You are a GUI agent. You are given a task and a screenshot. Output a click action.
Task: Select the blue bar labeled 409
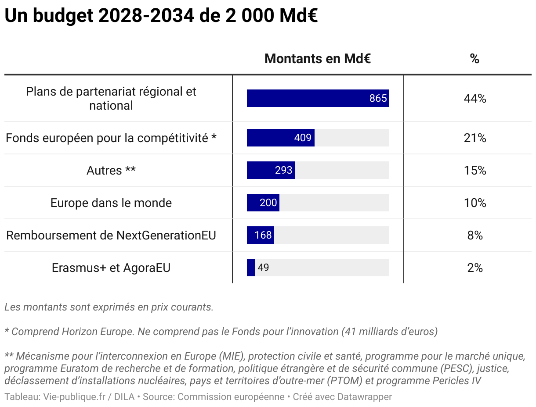point(280,138)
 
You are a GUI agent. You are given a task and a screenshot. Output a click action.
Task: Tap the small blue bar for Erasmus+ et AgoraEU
point(251,268)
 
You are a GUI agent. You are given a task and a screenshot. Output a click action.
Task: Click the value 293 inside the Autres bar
point(283,170)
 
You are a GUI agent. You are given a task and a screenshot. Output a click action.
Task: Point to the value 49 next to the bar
point(263,268)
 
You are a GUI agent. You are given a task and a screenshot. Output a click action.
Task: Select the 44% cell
point(474,98)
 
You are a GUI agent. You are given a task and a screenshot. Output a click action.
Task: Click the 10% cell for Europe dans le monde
point(474,203)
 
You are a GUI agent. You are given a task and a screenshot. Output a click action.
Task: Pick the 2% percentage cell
point(474,268)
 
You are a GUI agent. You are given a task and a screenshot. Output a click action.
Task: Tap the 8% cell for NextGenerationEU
point(474,235)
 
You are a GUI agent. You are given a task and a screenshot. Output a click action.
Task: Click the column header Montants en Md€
point(318,59)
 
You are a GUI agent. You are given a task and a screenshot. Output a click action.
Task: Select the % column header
point(474,59)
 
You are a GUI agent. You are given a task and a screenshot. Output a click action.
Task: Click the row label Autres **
point(111,170)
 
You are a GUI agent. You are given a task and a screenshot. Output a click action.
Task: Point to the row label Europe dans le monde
point(111,203)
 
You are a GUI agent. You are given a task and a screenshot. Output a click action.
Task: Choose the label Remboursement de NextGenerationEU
point(111,235)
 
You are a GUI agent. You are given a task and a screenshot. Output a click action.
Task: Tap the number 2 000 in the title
point(250,16)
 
